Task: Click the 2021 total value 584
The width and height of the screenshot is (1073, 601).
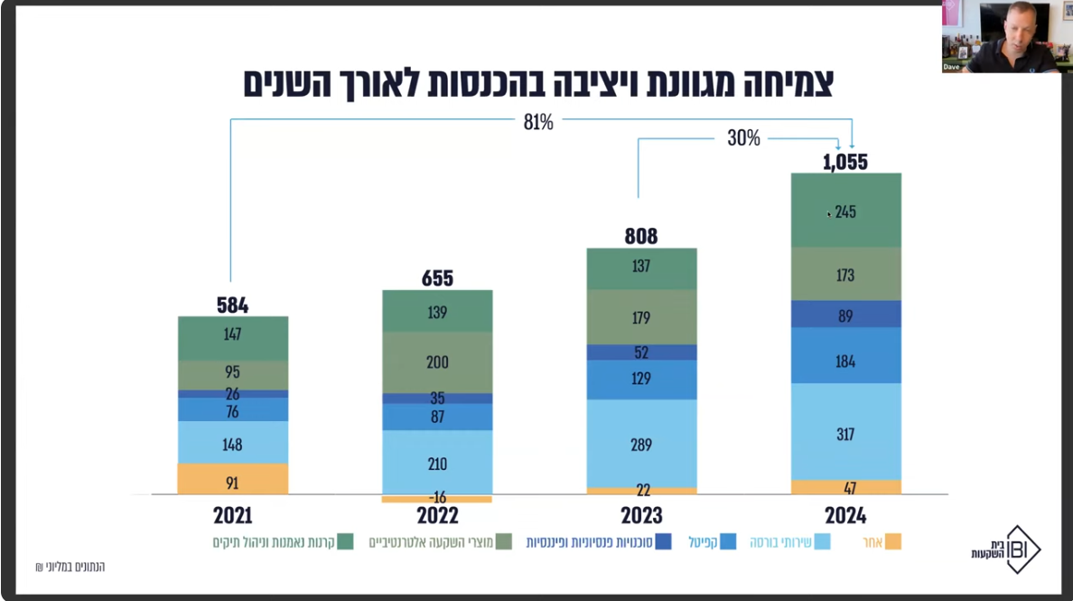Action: pyautogui.click(x=232, y=305)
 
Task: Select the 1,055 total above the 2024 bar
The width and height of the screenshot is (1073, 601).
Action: pyautogui.click(x=845, y=162)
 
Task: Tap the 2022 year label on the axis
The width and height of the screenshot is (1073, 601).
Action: pyautogui.click(x=437, y=516)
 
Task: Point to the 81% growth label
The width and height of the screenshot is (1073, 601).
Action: pyautogui.click(x=538, y=122)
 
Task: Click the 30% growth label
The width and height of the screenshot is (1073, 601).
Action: pyautogui.click(x=743, y=138)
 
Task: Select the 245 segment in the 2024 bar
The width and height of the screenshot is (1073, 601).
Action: pyautogui.click(x=845, y=211)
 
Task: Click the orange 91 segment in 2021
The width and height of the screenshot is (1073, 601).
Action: pyautogui.click(x=232, y=482)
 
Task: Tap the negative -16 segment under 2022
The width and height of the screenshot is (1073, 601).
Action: pyautogui.click(x=437, y=498)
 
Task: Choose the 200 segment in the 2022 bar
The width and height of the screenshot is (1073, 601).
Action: pyautogui.click(x=437, y=362)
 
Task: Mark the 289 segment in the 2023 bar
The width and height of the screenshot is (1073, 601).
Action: pyautogui.click(x=641, y=445)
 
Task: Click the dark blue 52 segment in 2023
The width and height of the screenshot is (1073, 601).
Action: pyautogui.click(x=641, y=352)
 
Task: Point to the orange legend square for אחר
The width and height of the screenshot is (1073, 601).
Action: pyautogui.click(x=892, y=542)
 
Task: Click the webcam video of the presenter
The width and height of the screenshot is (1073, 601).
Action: pyautogui.click(x=1001, y=36)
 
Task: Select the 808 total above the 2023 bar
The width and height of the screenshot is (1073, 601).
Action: pyautogui.click(x=641, y=237)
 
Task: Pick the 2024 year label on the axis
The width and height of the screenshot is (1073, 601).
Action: pyautogui.click(x=845, y=516)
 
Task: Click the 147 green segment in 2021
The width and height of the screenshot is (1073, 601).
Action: pyautogui.click(x=232, y=334)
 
